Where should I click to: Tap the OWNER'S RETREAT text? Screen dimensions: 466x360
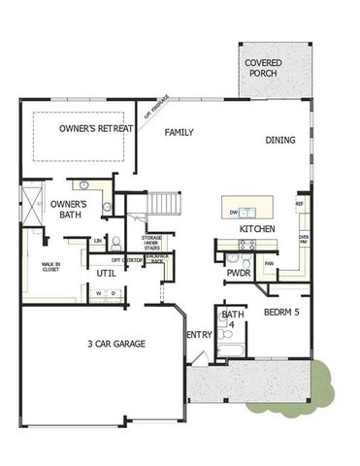coord(94,128)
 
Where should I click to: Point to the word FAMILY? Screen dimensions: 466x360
coord(180,131)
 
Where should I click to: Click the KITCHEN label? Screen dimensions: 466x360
coord(258,228)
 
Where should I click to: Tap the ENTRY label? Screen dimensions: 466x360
coord(199,335)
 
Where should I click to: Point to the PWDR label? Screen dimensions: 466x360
coord(239,274)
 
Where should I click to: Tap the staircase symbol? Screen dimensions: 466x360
coord(166,204)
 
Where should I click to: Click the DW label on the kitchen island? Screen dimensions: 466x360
coord(234,212)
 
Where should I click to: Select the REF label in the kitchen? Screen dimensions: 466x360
coord(300,205)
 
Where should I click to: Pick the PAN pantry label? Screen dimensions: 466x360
coord(269,263)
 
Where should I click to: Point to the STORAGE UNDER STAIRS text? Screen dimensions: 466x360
coord(152,243)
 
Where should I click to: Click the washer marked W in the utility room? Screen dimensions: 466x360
coord(97,292)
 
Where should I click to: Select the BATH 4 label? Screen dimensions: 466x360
coord(232,318)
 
